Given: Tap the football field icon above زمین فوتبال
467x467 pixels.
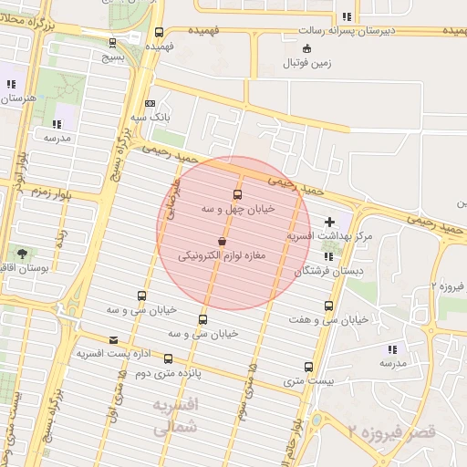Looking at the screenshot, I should (x=306, y=48).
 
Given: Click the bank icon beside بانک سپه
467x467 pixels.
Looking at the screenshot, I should (x=150, y=104).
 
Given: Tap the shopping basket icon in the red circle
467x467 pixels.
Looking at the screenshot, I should (x=223, y=242).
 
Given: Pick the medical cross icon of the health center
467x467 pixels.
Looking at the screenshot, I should (x=329, y=222).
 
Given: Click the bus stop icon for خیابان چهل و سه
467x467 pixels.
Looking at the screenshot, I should (x=238, y=195).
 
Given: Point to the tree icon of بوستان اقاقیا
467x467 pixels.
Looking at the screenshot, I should (x=21, y=253).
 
